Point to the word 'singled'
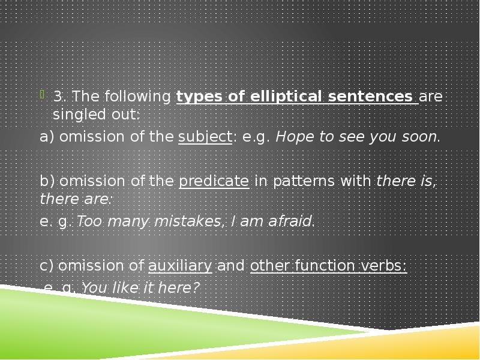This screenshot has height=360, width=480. [x=75, y=114]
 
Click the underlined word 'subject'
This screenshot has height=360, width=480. [x=205, y=137]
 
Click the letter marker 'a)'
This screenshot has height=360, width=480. [x=47, y=137]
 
